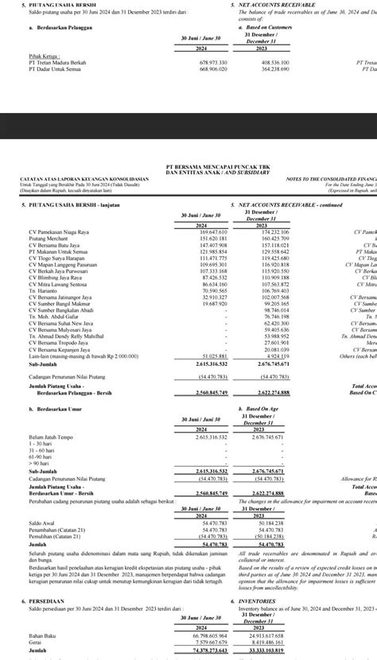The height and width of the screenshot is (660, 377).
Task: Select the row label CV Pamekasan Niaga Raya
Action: coord(57,231)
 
